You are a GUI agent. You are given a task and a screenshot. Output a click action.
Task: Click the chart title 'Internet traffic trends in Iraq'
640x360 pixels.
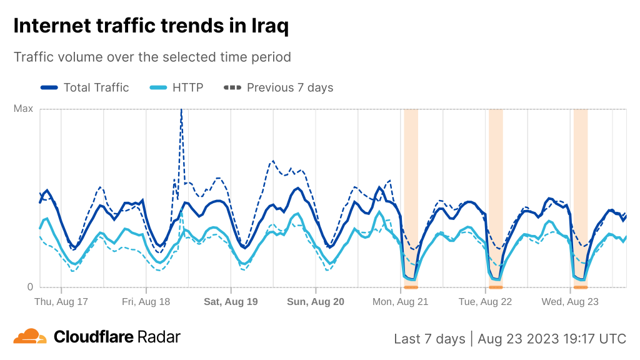(x=151, y=26)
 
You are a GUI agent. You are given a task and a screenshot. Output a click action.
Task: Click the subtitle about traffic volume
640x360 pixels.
(x=152, y=57)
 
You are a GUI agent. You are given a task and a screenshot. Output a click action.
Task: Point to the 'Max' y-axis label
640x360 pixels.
(x=23, y=109)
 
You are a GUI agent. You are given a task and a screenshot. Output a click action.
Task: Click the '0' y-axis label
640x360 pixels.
(x=29, y=287)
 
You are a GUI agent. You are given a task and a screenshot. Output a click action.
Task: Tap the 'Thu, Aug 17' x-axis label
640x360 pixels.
(x=61, y=302)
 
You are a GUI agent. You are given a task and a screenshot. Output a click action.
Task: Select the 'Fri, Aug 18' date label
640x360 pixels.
(x=146, y=302)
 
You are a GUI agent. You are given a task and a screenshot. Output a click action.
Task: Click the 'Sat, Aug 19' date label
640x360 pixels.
(x=231, y=302)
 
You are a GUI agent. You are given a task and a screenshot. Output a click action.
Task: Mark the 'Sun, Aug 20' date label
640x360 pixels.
(x=316, y=302)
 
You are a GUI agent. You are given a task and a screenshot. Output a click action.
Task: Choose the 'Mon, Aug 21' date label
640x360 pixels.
(x=401, y=302)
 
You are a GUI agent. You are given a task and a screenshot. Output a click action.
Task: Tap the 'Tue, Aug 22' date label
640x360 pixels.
(x=486, y=302)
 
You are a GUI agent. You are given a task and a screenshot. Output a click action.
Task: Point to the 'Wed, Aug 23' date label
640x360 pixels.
(x=570, y=302)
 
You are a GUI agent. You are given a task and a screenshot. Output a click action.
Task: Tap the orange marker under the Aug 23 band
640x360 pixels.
(x=580, y=287)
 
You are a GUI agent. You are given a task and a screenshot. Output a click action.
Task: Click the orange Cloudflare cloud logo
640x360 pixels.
(x=30, y=336)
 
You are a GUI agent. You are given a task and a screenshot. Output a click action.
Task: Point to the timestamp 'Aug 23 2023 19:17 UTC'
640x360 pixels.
(x=552, y=339)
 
